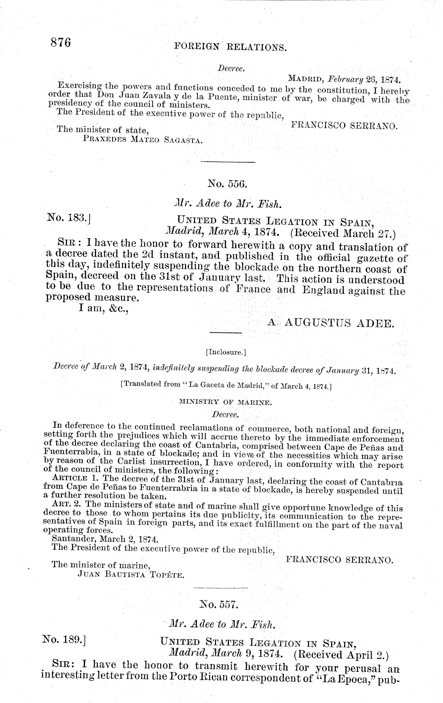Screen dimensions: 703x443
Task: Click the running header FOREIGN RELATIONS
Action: coord(230,46)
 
